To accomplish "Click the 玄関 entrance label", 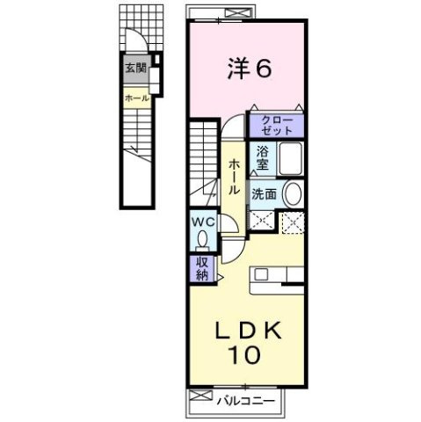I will [134, 68].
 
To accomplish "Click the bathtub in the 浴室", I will [290, 158].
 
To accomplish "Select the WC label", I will [201, 222].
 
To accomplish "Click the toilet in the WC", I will [203, 237].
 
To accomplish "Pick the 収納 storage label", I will [201, 267].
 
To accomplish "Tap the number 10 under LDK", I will [246, 357].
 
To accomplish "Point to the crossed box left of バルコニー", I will [199, 398].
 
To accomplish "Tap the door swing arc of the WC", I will [225, 225].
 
